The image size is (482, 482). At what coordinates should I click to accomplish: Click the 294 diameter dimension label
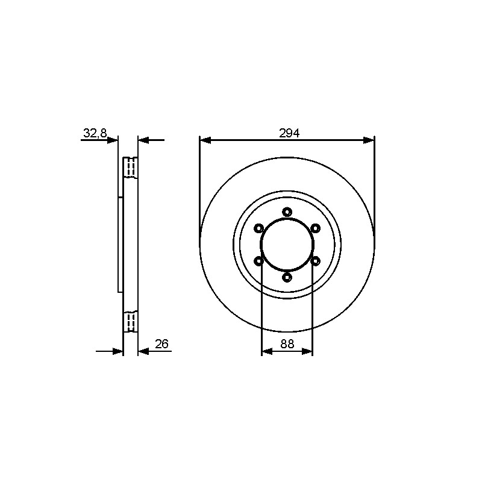(x=289, y=133)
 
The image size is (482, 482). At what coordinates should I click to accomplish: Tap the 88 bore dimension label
(x=287, y=344)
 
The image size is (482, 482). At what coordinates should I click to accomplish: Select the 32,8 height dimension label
(x=95, y=133)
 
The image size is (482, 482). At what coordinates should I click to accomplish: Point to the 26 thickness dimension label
(x=161, y=344)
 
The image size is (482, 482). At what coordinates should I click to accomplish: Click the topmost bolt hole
(x=287, y=212)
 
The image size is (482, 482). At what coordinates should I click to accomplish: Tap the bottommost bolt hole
(x=287, y=278)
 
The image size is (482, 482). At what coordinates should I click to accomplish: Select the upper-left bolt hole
(x=259, y=228)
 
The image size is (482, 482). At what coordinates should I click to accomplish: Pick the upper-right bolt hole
(x=315, y=228)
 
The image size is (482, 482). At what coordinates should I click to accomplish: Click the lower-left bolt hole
(x=259, y=261)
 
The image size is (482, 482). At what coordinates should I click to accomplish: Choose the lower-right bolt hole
(x=315, y=261)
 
